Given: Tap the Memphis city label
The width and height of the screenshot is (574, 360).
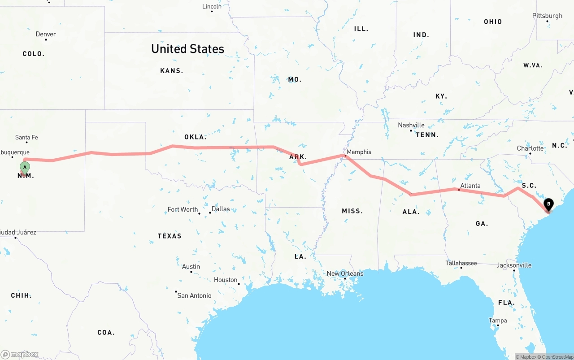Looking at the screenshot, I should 359,152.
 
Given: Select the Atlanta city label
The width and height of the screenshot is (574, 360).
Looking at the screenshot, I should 470,186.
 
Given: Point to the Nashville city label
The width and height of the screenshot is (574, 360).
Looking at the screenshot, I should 411,125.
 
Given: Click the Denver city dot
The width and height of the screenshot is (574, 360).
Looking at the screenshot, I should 46,39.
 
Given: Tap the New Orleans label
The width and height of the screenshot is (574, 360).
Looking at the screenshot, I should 345,273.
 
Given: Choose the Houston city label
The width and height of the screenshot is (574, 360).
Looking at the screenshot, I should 226,280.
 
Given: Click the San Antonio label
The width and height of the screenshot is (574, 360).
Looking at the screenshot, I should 194,295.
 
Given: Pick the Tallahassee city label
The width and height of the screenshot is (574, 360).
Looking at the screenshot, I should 461,263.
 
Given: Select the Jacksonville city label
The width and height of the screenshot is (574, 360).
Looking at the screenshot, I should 514,265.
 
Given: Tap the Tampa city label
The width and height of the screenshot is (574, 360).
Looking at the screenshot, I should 498,320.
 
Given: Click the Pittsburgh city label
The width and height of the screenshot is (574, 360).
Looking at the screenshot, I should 547,16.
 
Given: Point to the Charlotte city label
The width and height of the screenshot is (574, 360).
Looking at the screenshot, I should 530,148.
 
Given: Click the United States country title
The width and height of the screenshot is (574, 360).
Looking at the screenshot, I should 187,49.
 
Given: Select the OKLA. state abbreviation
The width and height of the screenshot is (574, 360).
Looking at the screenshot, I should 195,137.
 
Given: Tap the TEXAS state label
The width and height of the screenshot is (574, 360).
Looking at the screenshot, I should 170,236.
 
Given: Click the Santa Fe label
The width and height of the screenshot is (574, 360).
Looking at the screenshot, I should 26,137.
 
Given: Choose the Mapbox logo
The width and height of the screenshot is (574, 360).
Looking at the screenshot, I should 19,355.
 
